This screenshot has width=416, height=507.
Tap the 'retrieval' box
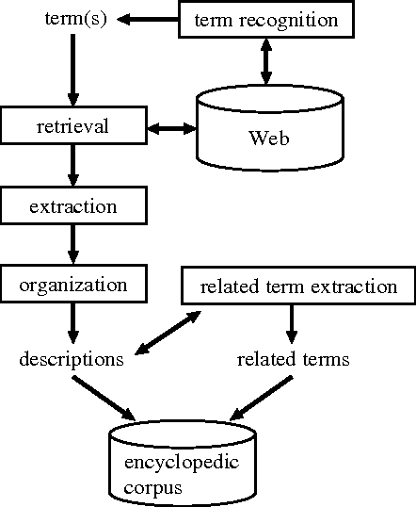(x=72, y=124)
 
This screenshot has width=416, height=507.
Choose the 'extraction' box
(x=72, y=204)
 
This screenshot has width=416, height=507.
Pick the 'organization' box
(x=72, y=282)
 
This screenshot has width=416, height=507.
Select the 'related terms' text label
(x=292, y=359)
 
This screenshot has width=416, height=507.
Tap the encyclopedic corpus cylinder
(x=182, y=466)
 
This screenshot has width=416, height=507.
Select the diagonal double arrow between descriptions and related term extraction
(x=168, y=332)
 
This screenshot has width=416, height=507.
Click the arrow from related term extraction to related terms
(x=292, y=322)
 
